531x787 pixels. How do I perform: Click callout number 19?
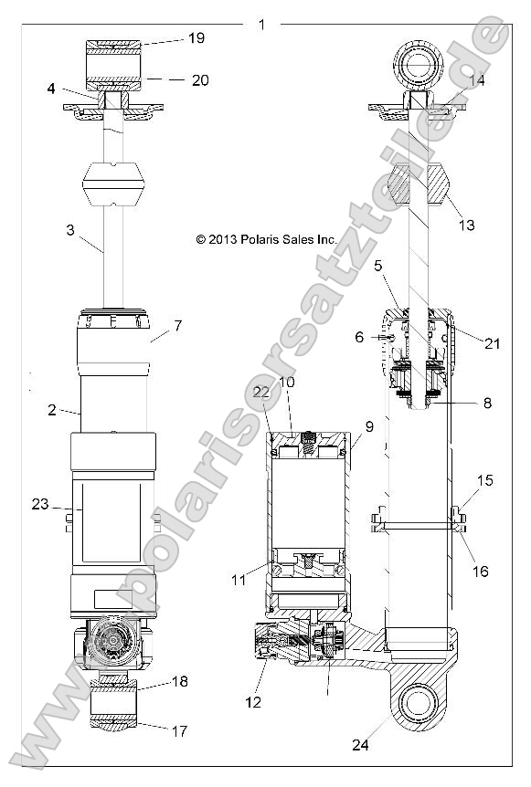[196, 38]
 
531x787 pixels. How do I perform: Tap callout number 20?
[199, 80]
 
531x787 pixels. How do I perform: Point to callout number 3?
[69, 232]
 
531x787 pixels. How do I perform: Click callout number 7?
[177, 325]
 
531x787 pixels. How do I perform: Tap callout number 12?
[253, 702]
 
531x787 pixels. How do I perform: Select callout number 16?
[480, 572]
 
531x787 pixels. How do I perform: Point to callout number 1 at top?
[262, 25]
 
